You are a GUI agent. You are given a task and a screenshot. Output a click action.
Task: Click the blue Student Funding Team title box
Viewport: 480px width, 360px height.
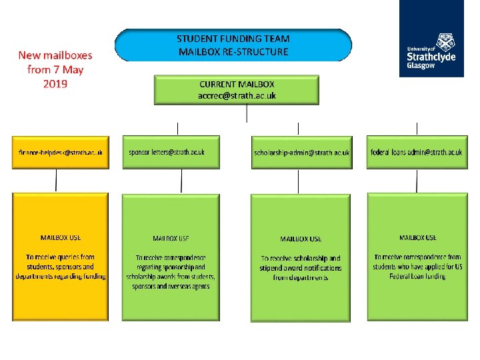point(233,45)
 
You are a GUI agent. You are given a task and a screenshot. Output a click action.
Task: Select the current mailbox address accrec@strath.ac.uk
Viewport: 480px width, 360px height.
point(237,95)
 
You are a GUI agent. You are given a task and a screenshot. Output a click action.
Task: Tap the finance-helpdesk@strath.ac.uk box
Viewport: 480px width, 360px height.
point(61,152)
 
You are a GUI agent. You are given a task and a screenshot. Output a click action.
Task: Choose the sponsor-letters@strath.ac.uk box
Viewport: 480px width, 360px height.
point(171,152)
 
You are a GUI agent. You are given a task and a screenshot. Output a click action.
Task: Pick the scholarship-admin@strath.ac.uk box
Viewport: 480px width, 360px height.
point(301,153)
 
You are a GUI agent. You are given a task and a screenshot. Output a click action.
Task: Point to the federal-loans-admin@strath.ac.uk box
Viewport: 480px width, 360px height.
point(417,152)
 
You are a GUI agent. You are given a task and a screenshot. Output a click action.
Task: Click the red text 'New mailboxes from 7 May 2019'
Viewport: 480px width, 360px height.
point(55,69)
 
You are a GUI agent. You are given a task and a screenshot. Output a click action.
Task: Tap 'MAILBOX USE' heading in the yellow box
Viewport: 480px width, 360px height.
point(61,237)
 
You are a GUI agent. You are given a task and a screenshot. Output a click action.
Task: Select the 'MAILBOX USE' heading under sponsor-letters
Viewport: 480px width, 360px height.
point(171,238)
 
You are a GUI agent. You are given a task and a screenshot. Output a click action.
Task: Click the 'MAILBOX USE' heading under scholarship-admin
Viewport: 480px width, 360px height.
point(301,238)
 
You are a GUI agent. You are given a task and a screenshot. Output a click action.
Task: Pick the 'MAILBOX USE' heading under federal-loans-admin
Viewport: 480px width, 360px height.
point(417,237)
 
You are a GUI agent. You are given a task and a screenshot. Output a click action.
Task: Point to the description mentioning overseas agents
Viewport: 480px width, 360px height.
point(171,272)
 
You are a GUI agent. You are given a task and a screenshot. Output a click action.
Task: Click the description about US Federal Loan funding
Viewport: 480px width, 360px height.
point(417,267)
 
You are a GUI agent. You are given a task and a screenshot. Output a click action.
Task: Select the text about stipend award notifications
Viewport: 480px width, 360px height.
point(301,267)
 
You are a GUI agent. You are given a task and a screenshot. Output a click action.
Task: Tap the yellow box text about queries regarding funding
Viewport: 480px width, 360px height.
point(61,266)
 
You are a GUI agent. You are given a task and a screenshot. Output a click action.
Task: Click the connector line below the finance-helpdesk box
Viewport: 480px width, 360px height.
point(56,181)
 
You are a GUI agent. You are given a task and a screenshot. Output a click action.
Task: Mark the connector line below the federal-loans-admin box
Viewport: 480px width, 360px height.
point(417,181)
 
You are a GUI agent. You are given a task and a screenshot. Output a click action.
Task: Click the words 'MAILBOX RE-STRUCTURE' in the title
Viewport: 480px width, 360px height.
point(233,51)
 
